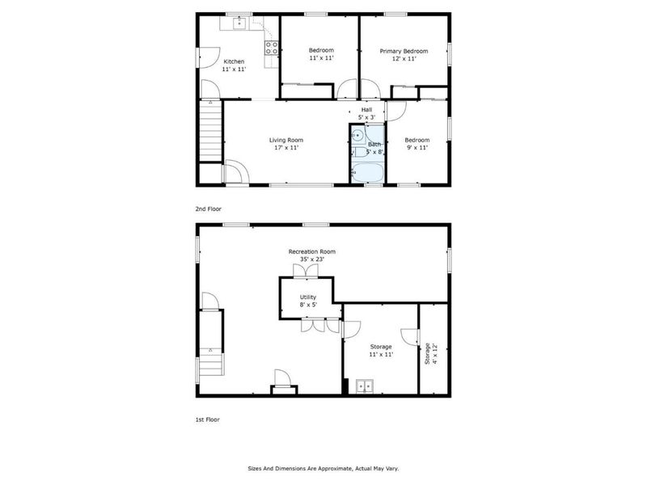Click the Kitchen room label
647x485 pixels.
(x=234, y=61)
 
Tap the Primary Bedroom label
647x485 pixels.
(x=404, y=51)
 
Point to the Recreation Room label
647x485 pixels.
(x=311, y=251)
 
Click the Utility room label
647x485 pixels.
(x=308, y=297)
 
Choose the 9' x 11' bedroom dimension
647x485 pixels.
(x=417, y=148)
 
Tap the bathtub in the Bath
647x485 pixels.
(x=368, y=172)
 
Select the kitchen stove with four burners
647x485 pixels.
(x=272, y=48)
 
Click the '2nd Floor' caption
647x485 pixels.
(x=208, y=209)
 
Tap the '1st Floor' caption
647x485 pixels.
(x=208, y=420)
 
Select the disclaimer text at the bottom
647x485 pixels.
(x=323, y=468)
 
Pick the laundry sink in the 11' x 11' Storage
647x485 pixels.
(x=366, y=386)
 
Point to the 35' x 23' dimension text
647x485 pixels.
(x=311, y=260)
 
